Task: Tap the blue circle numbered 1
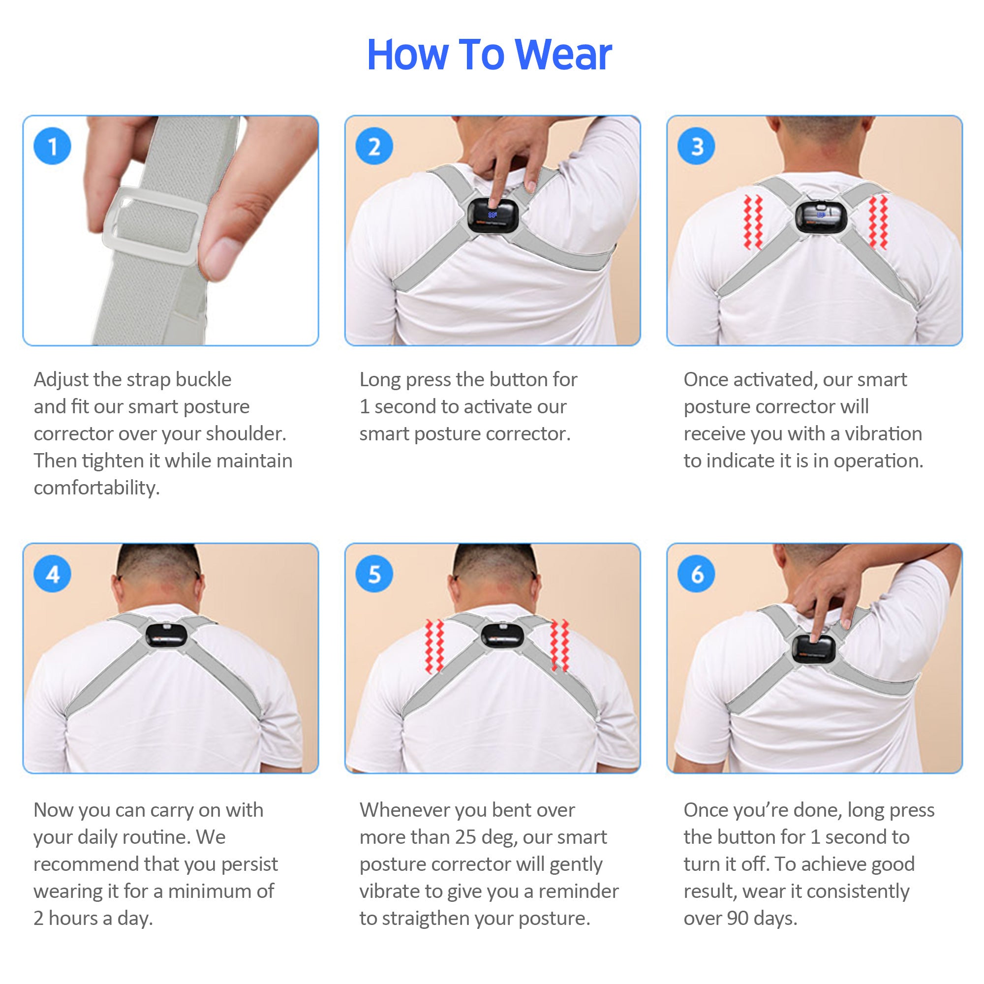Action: tap(53, 147)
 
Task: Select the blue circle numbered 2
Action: tap(374, 147)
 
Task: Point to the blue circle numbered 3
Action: tap(696, 147)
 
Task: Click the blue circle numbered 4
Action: tap(53, 574)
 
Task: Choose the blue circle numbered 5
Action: tap(374, 574)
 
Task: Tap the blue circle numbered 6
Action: tap(696, 574)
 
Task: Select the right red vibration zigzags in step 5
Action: tap(559, 646)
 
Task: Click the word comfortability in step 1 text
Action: tap(97, 488)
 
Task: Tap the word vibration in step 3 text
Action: tap(883, 434)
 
